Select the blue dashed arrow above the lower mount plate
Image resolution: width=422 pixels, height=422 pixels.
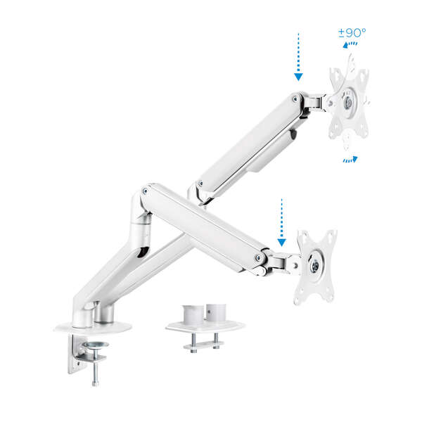tap(281, 221)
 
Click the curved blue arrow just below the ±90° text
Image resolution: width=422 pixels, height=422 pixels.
tap(350, 44)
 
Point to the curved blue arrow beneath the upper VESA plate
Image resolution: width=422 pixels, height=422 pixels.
tap(350, 160)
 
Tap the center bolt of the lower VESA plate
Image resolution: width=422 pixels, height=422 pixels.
tap(314, 266)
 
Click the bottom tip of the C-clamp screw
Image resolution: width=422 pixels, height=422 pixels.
tap(92, 384)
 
